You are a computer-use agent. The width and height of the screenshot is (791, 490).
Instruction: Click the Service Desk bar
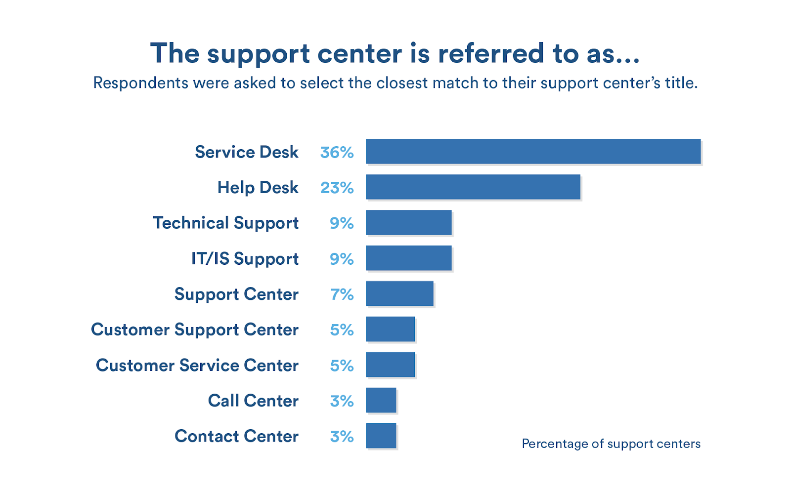(x=533, y=151)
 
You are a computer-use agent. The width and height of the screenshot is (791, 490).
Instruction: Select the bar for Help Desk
(x=473, y=187)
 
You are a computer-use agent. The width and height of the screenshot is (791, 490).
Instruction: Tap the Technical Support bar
(x=408, y=222)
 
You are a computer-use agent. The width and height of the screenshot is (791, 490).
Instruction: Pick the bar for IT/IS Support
(x=408, y=258)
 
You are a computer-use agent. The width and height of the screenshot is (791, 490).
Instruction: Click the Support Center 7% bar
(x=399, y=293)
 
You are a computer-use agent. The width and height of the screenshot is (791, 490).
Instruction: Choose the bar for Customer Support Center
(x=390, y=329)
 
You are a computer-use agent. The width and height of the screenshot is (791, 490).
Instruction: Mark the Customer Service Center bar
(x=390, y=365)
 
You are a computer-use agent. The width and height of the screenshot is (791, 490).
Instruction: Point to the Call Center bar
(x=381, y=400)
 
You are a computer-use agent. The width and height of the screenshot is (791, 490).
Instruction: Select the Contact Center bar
(x=381, y=436)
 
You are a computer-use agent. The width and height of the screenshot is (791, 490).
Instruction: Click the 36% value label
(x=337, y=152)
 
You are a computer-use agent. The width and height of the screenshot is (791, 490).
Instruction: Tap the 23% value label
(x=337, y=188)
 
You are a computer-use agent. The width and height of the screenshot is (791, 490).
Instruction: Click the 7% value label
(x=342, y=294)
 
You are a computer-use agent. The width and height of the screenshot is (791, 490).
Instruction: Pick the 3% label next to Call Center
(x=342, y=401)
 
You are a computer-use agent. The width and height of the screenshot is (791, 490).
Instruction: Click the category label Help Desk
(x=258, y=188)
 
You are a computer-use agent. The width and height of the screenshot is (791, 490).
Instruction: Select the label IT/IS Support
(x=245, y=259)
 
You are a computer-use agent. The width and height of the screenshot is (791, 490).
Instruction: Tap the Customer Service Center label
(x=197, y=366)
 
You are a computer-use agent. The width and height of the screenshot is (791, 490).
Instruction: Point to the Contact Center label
(x=236, y=437)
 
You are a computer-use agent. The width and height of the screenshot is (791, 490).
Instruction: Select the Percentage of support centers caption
(x=611, y=444)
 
